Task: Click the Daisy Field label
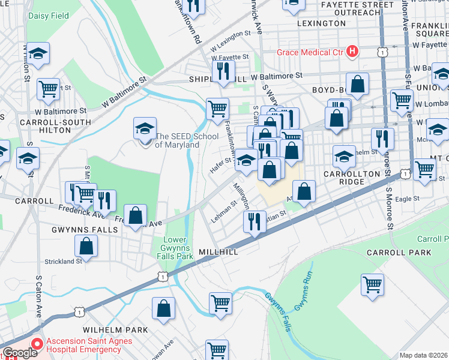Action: [x=48, y=16]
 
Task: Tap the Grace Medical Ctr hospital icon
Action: [x=352, y=52]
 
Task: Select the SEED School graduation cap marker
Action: [x=145, y=128]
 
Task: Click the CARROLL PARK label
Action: [x=398, y=253]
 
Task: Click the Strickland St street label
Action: [x=62, y=262]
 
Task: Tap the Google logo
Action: [x=20, y=353]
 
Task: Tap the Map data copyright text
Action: [x=423, y=355]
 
